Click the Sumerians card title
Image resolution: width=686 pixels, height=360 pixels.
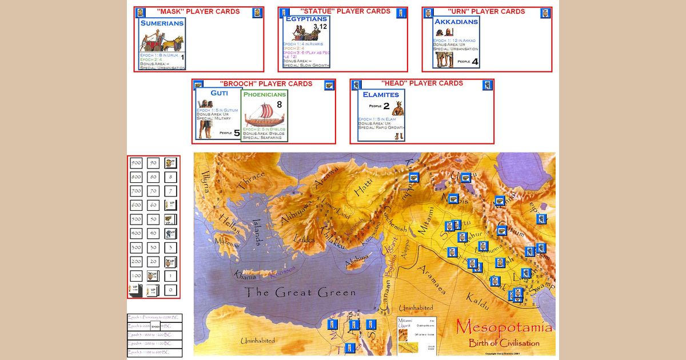click(x=162, y=23)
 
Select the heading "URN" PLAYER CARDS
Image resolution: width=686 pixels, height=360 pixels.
click(x=486, y=11)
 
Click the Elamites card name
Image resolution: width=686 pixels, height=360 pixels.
click(x=381, y=94)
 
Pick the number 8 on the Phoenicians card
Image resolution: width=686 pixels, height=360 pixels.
click(x=280, y=105)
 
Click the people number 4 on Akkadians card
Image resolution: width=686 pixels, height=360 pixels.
click(x=474, y=62)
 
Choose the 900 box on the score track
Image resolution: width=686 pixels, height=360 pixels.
click(x=136, y=163)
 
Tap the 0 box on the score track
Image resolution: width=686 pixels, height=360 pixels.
click(x=170, y=290)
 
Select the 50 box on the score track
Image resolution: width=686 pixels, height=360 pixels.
click(x=153, y=219)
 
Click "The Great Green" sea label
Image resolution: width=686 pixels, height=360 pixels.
click(x=301, y=293)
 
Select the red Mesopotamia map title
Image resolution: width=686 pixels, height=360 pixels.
click(x=504, y=328)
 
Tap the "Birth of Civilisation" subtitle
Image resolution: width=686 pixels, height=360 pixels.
click(x=504, y=343)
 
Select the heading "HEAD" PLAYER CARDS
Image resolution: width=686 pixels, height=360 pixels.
click(x=422, y=83)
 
